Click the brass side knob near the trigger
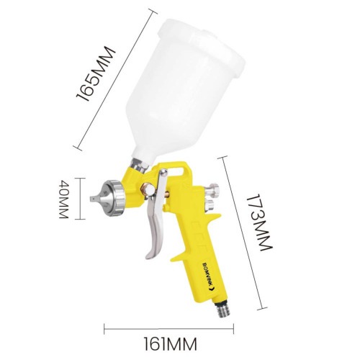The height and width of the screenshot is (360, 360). point(147,189)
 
